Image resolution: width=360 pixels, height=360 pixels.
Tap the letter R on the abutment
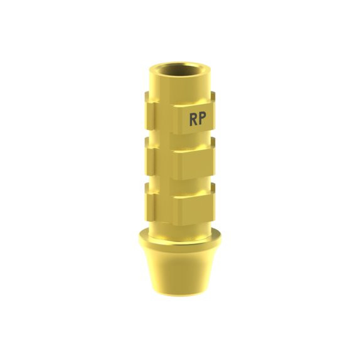click(194, 119)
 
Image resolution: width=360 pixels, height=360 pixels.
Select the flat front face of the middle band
click(192, 164)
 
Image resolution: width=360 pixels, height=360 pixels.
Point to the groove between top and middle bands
click(180, 140)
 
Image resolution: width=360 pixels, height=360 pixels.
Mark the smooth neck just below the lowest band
click(180, 227)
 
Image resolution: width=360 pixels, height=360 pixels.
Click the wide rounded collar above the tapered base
click(180, 241)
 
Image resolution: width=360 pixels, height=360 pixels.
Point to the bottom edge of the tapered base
click(180, 295)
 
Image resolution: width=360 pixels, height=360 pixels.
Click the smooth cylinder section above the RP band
click(180, 85)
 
